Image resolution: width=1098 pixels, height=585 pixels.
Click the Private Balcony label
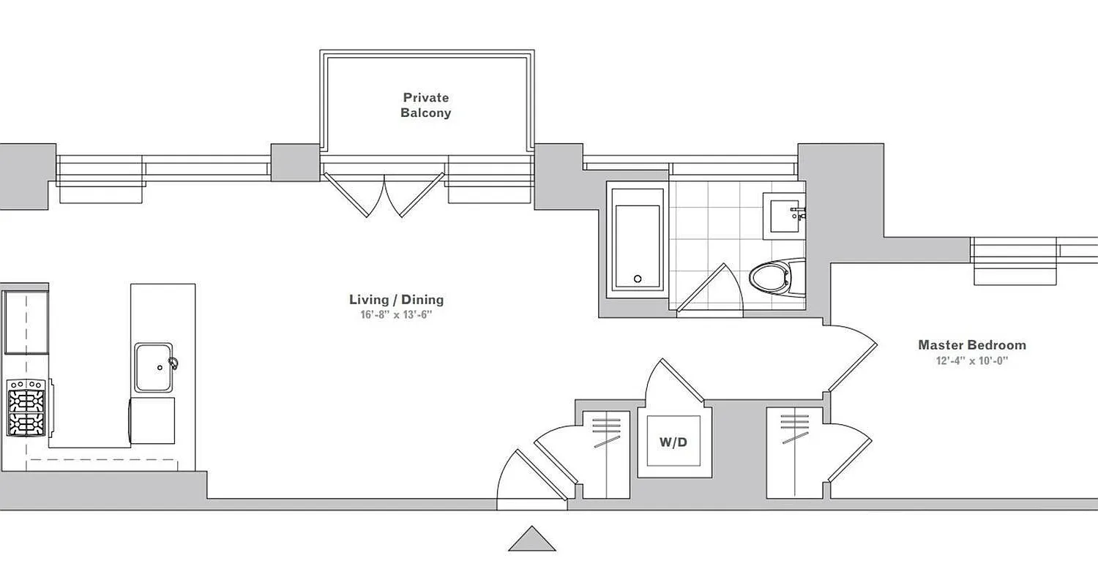click(425, 105)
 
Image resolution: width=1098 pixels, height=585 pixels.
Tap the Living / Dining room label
click(396, 299)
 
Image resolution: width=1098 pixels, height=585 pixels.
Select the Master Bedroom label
click(971, 344)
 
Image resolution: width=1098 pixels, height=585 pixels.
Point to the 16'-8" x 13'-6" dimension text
click(396, 315)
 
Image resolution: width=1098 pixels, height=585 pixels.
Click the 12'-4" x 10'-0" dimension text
click(971, 361)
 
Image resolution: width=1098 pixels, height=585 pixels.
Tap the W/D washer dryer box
click(673, 442)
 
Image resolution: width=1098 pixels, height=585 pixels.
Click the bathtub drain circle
click(637, 279)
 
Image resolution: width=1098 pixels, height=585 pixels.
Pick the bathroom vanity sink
click(784, 216)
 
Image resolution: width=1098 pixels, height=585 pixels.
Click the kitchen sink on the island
click(154, 367)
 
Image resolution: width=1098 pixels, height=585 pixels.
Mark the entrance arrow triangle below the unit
click(532, 539)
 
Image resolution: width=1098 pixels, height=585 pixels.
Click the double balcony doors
click(384, 192)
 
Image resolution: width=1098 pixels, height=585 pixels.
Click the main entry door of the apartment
click(533, 479)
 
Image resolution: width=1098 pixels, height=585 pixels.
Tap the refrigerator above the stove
click(26, 322)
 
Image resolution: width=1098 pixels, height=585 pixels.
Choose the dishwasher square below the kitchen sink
click(152, 420)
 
